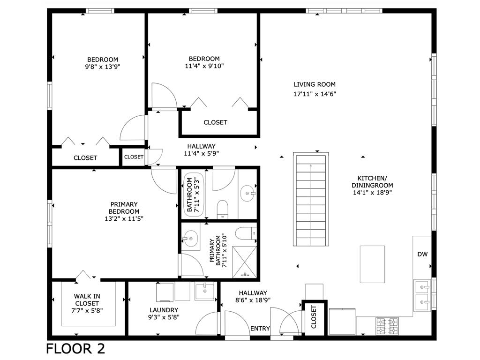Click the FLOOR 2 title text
pyautogui.click(x=75, y=349)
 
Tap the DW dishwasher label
pyautogui.click(x=422, y=255)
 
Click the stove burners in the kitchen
pyautogui.click(x=387, y=325)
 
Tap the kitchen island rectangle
pyautogui.click(x=372, y=264)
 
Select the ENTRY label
pyautogui.click(x=260, y=329)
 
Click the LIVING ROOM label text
pyautogui.click(x=314, y=84)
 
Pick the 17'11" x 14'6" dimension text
pyautogui.click(x=314, y=94)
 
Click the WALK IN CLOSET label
pyautogui.click(x=87, y=300)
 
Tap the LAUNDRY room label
pyautogui.click(x=164, y=310)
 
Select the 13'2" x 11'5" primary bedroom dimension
pyautogui.click(x=124, y=218)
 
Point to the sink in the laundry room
pyautogui.click(x=204, y=291)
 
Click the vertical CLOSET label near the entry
pyautogui.click(x=314, y=317)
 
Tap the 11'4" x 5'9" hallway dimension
pyautogui.click(x=202, y=153)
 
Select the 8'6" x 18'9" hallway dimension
pyautogui.click(x=252, y=300)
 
